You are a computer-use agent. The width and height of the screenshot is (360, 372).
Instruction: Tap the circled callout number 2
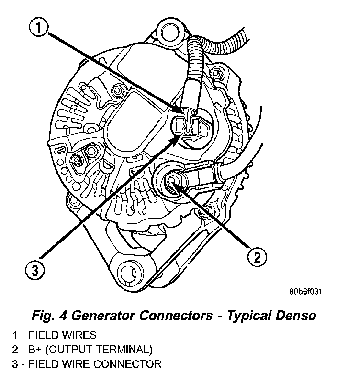tap(256, 258)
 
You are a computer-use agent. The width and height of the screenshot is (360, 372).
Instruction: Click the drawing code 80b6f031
tap(305, 291)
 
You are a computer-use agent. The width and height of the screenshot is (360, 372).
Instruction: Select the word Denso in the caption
tap(295, 316)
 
